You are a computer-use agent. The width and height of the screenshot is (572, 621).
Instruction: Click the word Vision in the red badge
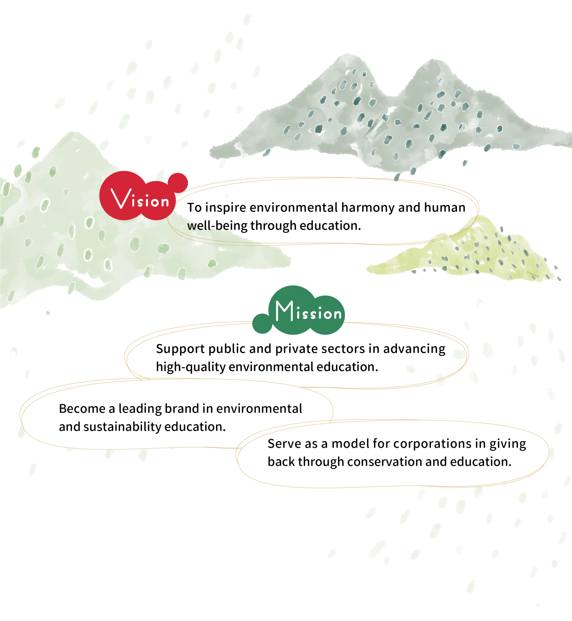coord(140,199)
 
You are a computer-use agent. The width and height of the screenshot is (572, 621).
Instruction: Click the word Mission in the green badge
coord(309,311)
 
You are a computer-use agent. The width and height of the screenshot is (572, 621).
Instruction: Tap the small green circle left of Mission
coord(262,324)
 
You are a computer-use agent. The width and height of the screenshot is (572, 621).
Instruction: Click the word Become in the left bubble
coord(82,409)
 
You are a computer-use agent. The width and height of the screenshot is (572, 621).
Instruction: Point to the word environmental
coord(259,409)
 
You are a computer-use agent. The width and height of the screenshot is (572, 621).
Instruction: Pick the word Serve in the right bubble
coord(281,444)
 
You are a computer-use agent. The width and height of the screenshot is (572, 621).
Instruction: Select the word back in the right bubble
coord(281,462)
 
